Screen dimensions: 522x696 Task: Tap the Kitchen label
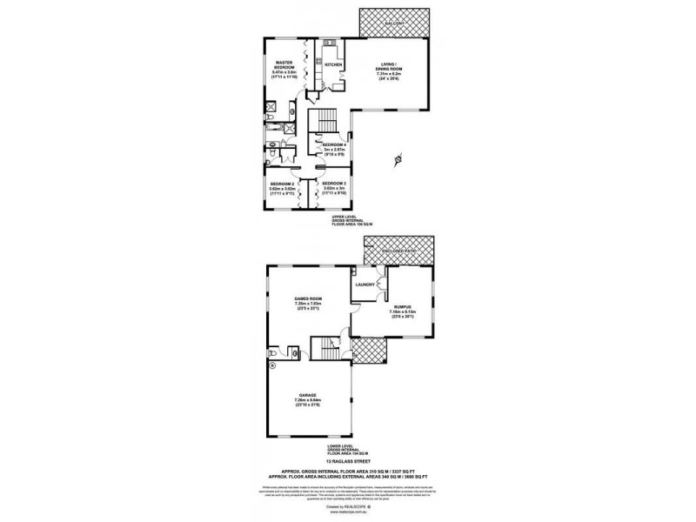click(332, 64)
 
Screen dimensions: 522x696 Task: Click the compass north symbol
click(397, 160)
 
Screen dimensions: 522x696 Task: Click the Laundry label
click(365, 284)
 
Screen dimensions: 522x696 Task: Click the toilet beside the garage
click(274, 354)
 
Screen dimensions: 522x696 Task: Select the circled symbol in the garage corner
click(272, 367)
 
